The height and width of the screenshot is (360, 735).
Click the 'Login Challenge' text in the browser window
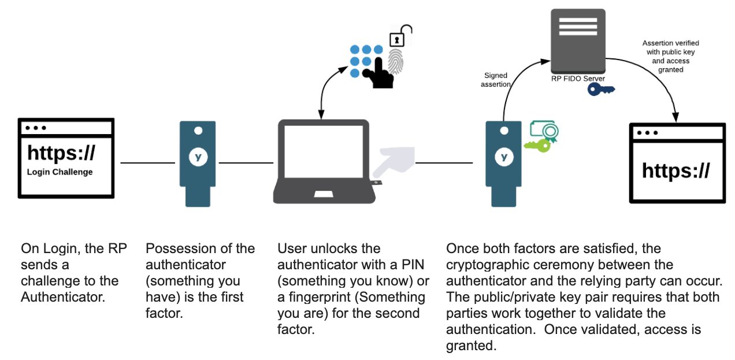(60, 172)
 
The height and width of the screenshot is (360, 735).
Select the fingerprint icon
(396, 61)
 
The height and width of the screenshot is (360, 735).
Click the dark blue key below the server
(601, 89)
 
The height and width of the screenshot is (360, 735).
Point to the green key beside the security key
(537, 146)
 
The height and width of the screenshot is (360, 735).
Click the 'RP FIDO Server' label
(578, 79)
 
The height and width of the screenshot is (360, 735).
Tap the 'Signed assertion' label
(495, 80)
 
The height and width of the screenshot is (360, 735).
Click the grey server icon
(578, 42)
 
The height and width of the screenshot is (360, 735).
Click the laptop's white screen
(324, 151)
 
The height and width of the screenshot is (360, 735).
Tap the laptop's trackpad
(324, 194)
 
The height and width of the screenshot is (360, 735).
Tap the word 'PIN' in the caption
(413, 265)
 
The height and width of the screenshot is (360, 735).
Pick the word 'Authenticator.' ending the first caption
(63, 297)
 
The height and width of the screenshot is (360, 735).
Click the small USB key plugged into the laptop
(377, 183)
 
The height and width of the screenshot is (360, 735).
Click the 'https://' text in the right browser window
(676, 170)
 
